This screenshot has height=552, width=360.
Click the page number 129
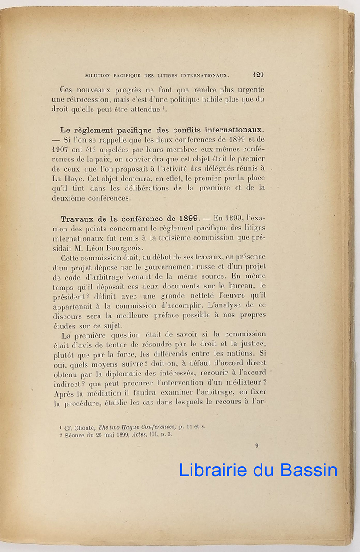click(x=258, y=75)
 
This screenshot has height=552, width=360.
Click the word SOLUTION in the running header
click(x=98, y=75)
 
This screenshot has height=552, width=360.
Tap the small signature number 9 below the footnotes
click(x=257, y=445)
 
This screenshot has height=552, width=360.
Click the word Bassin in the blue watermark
click(x=306, y=470)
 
